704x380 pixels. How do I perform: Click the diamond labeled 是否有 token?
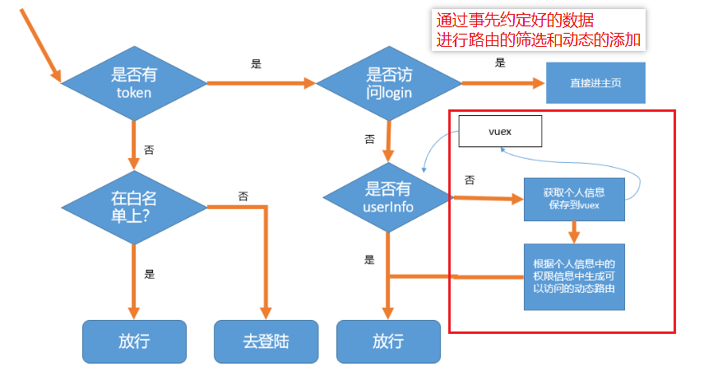click(x=133, y=82)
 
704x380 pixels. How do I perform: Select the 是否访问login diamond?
click(x=388, y=82)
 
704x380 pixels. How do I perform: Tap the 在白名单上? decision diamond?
click(x=133, y=206)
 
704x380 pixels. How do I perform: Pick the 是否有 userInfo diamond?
click(x=387, y=197)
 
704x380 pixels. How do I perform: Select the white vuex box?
click(x=500, y=132)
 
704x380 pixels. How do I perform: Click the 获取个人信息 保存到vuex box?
click(x=574, y=198)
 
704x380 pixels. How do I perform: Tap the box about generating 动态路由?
click(x=574, y=276)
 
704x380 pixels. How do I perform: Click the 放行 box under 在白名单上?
click(x=134, y=341)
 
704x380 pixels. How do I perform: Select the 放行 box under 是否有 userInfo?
click(x=389, y=341)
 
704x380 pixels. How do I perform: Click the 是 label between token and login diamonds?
click(x=256, y=64)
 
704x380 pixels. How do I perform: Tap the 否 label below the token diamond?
click(x=149, y=150)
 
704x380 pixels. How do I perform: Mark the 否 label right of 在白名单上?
click(x=243, y=196)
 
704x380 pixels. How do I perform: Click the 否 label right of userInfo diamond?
click(x=469, y=179)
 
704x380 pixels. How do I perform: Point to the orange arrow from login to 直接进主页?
click(x=502, y=83)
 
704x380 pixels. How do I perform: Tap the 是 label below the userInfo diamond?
click(x=369, y=259)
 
